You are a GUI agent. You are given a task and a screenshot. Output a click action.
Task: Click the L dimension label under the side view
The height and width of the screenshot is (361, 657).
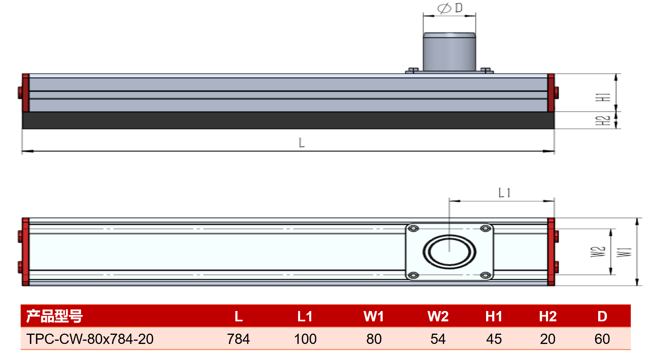302,143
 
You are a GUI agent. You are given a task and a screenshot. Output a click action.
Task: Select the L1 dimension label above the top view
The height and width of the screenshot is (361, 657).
504,193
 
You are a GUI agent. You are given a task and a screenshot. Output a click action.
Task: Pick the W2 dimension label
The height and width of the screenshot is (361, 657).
598,252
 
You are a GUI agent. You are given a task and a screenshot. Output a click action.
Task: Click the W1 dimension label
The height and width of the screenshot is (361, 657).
624,252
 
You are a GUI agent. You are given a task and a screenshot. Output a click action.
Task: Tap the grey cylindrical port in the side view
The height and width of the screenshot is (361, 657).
450,52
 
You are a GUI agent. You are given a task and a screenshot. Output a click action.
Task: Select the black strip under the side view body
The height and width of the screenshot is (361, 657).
288,120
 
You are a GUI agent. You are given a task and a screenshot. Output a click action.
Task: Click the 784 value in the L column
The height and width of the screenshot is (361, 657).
238,339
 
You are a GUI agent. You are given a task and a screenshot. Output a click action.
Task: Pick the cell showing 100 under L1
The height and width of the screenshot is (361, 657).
305,339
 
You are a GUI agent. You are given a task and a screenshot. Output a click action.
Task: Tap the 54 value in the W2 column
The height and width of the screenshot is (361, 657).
438,339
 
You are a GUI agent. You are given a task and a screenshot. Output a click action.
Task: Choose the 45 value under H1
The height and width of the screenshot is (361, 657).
494,339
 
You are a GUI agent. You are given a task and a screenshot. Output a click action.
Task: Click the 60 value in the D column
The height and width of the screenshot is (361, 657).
602,339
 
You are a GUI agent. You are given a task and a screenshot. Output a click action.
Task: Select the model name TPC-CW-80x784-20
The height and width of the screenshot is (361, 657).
90,339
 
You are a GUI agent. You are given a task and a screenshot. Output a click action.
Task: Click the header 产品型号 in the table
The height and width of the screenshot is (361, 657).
54,316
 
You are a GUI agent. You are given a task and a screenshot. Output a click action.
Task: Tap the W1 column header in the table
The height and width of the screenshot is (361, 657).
374,317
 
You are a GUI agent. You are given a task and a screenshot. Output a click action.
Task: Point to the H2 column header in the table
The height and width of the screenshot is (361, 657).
548,317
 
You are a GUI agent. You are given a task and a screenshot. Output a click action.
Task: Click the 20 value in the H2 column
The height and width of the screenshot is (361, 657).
548,339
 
